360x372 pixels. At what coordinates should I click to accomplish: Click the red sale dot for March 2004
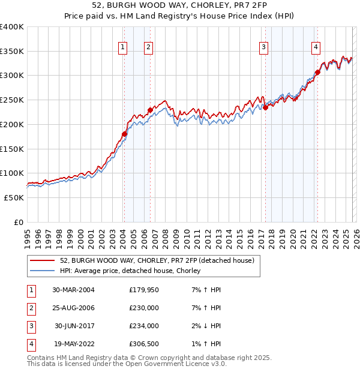(125, 134)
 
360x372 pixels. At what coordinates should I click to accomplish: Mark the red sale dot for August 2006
(150, 110)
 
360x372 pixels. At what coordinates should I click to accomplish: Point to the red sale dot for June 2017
(265, 108)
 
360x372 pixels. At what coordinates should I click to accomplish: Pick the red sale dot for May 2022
(317, 72)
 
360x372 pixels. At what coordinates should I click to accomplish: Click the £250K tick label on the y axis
(12, 100)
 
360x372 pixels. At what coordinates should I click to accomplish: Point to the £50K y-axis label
(14, 197)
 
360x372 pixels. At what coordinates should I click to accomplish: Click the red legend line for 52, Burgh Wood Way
(43, 260)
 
